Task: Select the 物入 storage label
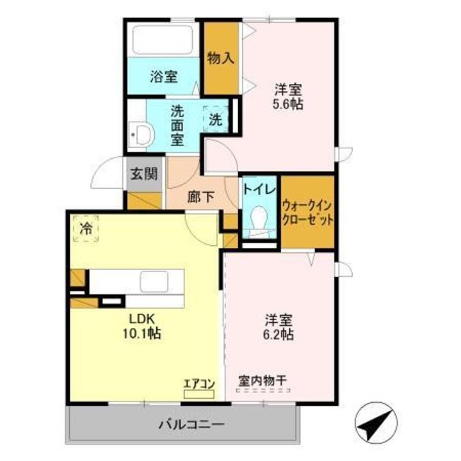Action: point(221,58)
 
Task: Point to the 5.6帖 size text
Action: point(289,104)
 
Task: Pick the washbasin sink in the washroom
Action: point(141,134)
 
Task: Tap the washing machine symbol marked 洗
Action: point(216,118)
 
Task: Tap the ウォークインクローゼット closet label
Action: point(307,212)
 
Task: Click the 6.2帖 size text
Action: point(280,334)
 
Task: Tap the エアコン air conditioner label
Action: point(199,383)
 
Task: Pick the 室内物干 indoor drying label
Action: point(262,380)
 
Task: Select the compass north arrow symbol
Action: point(373,423)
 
